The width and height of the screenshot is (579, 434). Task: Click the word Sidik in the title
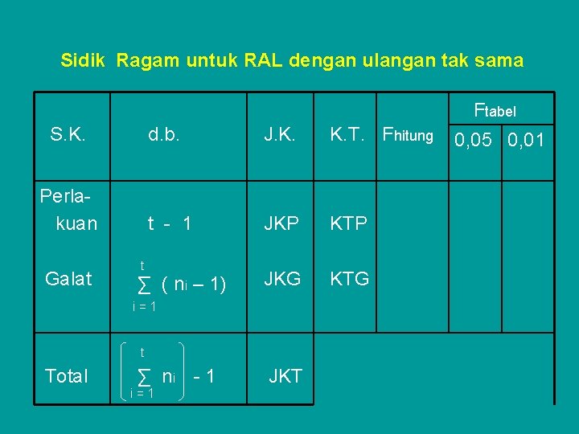(84, 60)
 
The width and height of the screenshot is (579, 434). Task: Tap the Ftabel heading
(495, 110)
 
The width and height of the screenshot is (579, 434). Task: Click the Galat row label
(68, 279)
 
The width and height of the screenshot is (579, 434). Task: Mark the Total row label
(68, 376)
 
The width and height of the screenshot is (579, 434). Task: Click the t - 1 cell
(169, 223)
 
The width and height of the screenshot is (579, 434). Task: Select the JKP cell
(281, 223)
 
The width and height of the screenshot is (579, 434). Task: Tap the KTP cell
(349, 223)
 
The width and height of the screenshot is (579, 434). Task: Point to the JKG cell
(282, 279)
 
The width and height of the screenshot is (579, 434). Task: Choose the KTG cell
(350, 279)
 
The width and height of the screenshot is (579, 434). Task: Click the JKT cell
(285, 376)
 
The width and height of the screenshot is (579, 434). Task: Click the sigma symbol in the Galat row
(144, 285)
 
